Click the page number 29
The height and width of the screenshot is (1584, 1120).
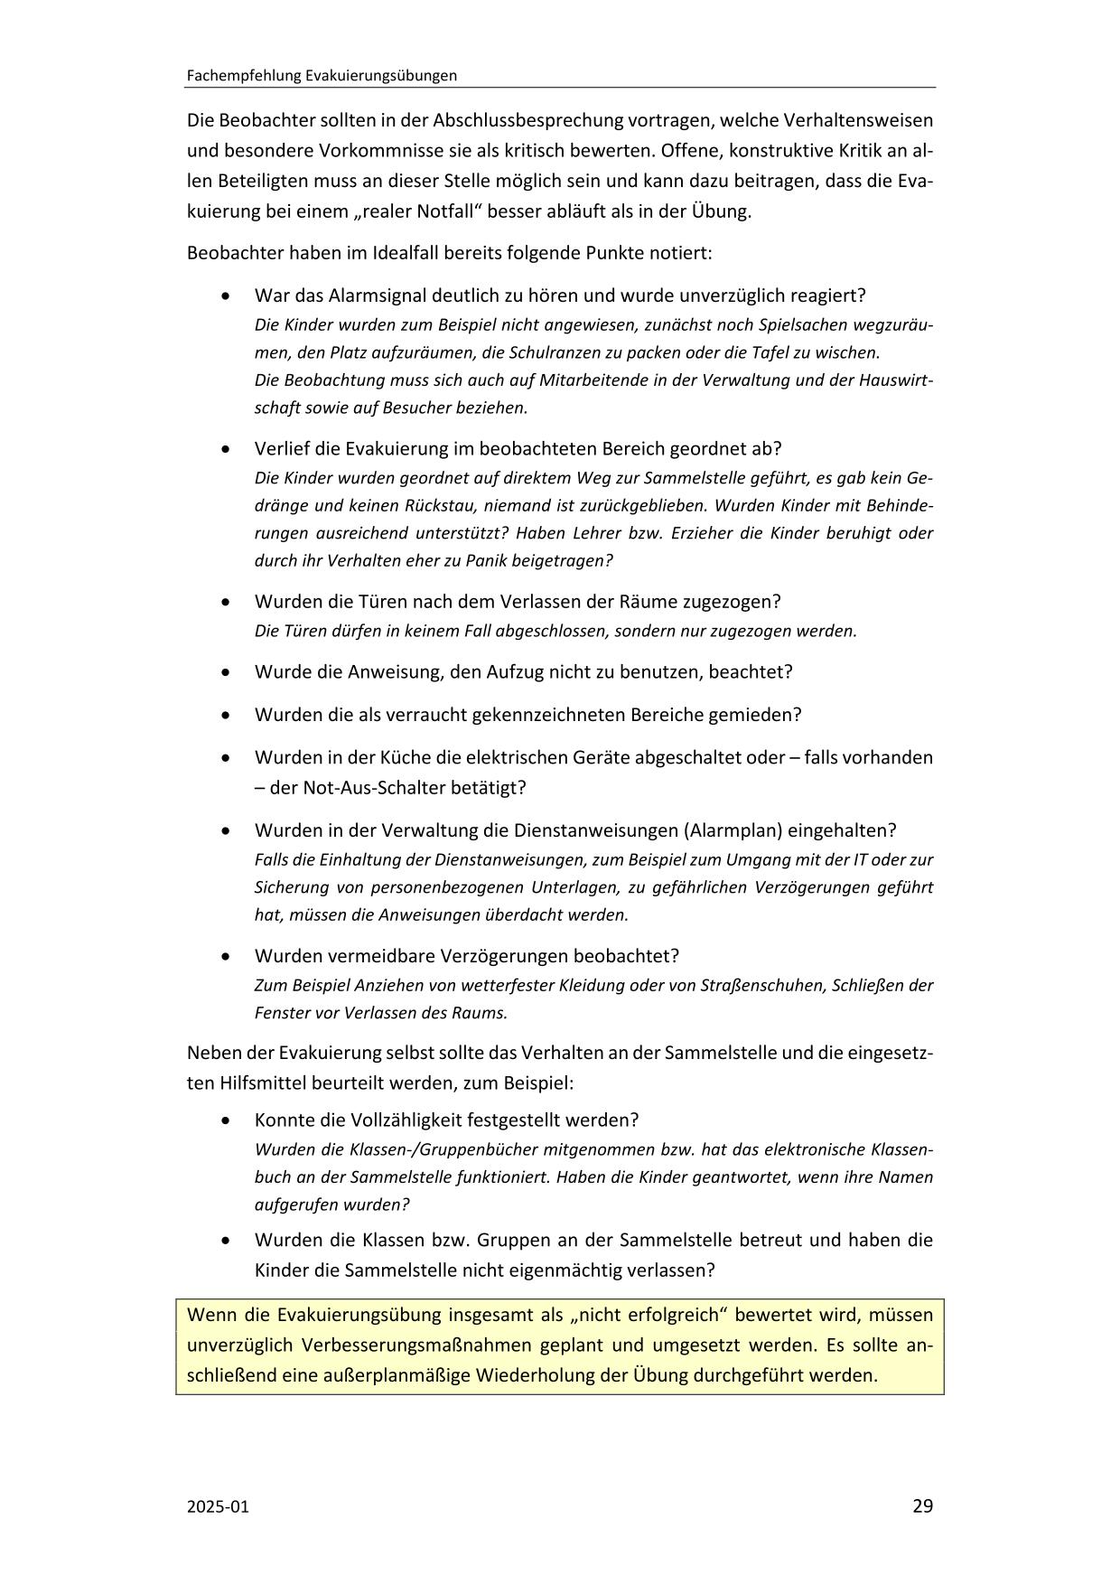(x=922, y=1505)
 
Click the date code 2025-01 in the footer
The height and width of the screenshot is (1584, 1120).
(x=218, y=1506)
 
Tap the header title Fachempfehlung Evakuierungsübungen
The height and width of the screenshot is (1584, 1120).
(x=322, y=76)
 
